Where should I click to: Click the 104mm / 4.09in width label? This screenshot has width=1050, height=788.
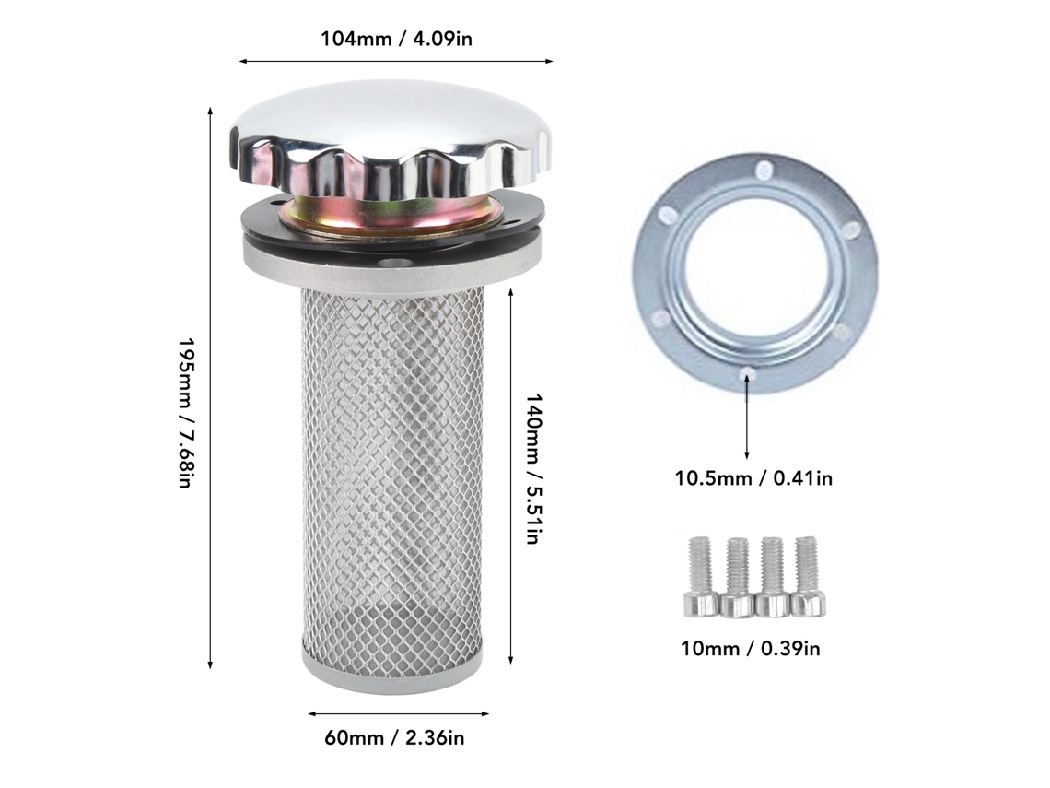pyautogui.click(x=396, y=39)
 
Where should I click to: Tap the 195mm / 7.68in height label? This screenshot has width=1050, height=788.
pyautogui.click(x=185, y=413)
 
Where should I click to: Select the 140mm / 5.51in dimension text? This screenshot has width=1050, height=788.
pyautogui.click(x=531, y=469)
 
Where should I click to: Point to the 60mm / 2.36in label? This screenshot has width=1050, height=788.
pyautogui.click(x=394, y=738)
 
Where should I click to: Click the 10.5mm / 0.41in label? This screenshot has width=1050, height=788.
pyautogui.click(x=753, y=478)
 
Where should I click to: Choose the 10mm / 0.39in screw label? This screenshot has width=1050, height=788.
pyautogui.click(x=751, y=649)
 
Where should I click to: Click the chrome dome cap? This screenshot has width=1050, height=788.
pyautogui.click(x=392, y=142)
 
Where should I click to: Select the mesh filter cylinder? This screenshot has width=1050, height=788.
pyautogui.click(x=392, y=469)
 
